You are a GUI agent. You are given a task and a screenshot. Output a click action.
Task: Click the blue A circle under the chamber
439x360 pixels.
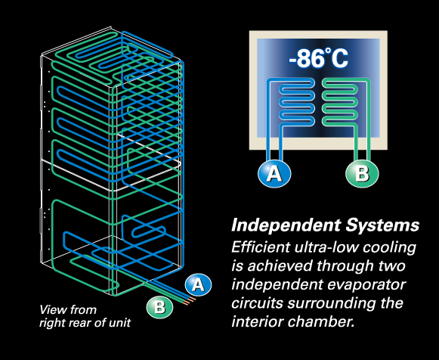274,174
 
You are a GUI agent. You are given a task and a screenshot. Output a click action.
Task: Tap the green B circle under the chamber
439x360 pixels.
362,174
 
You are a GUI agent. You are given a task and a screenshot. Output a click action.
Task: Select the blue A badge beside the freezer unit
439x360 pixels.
198,285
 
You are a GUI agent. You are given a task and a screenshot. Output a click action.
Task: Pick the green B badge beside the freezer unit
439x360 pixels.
160,307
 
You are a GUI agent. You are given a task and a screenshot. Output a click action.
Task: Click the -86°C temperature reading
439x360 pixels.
318,58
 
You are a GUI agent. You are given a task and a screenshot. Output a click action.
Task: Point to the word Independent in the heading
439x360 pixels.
286,225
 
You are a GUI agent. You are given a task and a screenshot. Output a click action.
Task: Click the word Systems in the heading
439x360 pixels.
382,225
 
